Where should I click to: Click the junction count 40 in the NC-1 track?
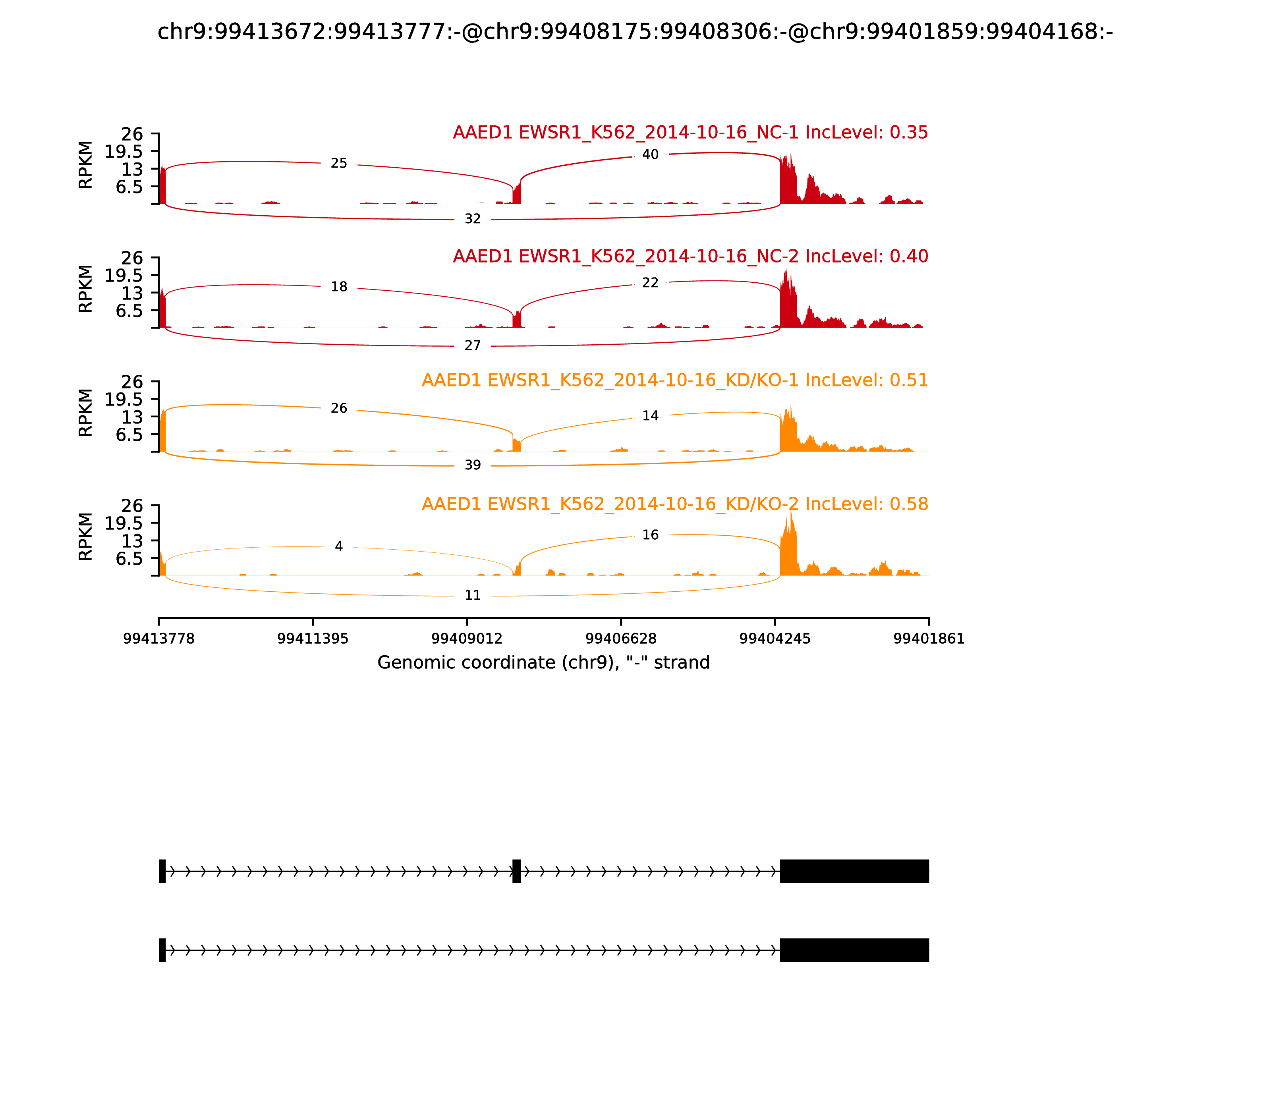coord(650,154)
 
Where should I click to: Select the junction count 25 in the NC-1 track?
coord(339,163)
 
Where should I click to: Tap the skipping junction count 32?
coord(472,219)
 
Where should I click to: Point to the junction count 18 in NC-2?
coord(339,287)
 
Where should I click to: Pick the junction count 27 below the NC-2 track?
coord(472,346)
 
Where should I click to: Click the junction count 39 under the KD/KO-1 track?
coord(472,465)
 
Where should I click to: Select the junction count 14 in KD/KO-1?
coord(650,416)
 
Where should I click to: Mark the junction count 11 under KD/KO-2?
coord(472,596)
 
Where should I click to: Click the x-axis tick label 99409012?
coord(467,639)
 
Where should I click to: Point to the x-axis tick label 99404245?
coord(775,639)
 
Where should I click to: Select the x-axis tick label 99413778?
coord(159,639)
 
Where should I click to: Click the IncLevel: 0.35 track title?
coord(690,132)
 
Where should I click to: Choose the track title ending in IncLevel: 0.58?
coord(674,504)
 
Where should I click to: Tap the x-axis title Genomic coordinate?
coord(543,663)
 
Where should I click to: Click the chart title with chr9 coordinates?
coord(635,32)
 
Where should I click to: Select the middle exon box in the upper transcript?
coord(516,871)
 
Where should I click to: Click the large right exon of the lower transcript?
coord(854,950)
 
